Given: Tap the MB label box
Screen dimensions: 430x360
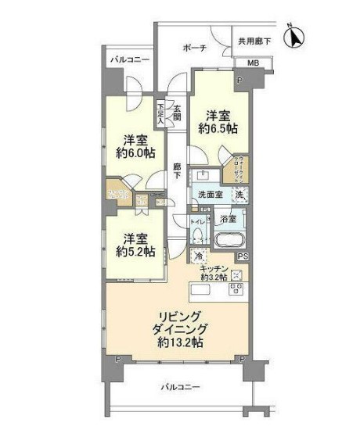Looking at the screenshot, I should click(x=254, y=63).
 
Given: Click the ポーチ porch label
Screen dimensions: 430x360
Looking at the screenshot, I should click(x=196, y=48).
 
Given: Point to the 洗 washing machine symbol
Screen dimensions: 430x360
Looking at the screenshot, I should click(x=239, y=195).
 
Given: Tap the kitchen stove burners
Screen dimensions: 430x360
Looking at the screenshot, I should click(x=234, y=288).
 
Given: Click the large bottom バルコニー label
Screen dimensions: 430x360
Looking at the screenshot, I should click(x=182, y=387).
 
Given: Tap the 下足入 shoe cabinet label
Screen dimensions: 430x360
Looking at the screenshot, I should click(x=161, y=113).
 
